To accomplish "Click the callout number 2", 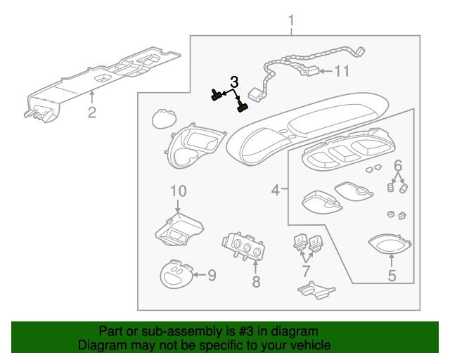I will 91,112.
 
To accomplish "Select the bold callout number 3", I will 234,82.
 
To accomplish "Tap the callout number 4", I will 276,189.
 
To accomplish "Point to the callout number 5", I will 392,275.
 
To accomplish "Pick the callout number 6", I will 397,166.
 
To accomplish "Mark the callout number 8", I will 256,281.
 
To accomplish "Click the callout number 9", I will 211,275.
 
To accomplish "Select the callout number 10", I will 178,191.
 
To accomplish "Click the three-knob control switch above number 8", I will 243,247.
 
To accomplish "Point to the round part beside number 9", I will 176,274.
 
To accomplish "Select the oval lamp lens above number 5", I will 390,245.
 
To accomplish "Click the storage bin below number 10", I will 179,231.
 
